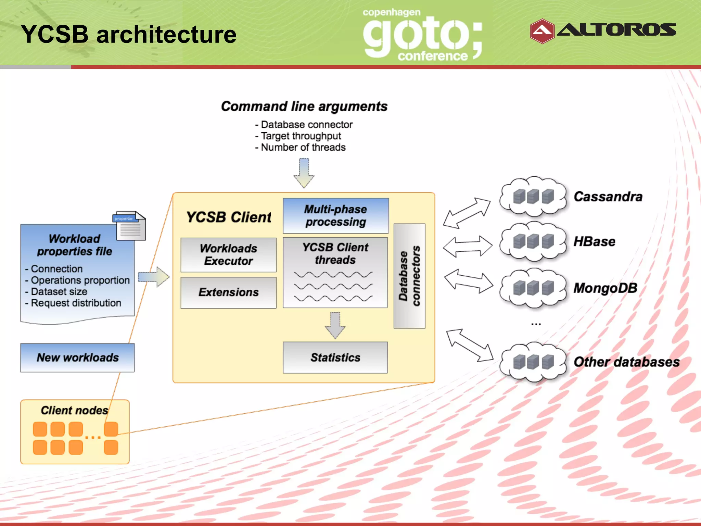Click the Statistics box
[x=335, y=357]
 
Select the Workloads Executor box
[x=228, y=254]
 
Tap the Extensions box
[x=228, y=292]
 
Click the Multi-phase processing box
[x=335, y=215]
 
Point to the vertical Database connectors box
[x=409, y=276]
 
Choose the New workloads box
[x=77, y=357]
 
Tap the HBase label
[x=594, y=241]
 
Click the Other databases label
[x=626, y=362]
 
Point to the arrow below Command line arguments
[x=304, y=172]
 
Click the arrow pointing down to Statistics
[x=335, y=325]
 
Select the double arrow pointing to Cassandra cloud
[x=467, y=213]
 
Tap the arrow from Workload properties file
[x=154, y=277]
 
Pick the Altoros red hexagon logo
[x=542, y=31]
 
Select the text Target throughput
[x=301, y=136]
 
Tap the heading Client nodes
[x=74, y=410]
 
